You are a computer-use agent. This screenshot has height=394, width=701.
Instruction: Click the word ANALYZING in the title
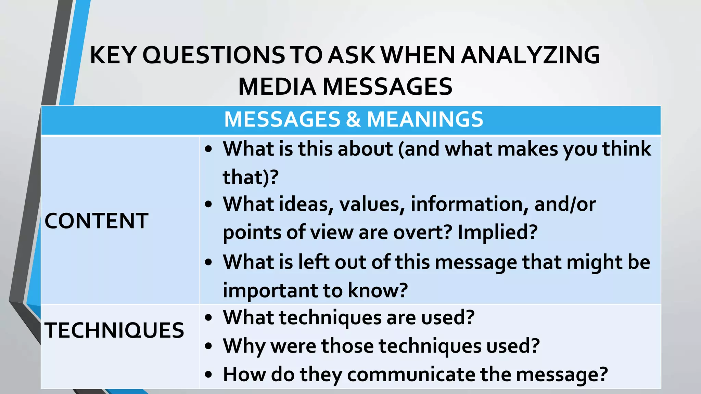(530, 55)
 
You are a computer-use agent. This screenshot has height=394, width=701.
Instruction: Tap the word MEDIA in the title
(277, 87)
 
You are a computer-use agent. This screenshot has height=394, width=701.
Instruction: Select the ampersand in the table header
(353, 119)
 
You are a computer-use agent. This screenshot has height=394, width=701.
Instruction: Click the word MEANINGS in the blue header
(425, 119)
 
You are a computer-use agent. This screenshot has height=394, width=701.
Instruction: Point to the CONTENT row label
(96, 221)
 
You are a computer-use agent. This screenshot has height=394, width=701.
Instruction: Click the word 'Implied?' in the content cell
(497, 233)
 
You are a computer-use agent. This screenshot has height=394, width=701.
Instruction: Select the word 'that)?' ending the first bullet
(251, 177)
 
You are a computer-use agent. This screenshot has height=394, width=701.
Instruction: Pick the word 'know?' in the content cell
(378, 291)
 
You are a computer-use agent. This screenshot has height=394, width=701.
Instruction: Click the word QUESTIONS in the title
(213, 55)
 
